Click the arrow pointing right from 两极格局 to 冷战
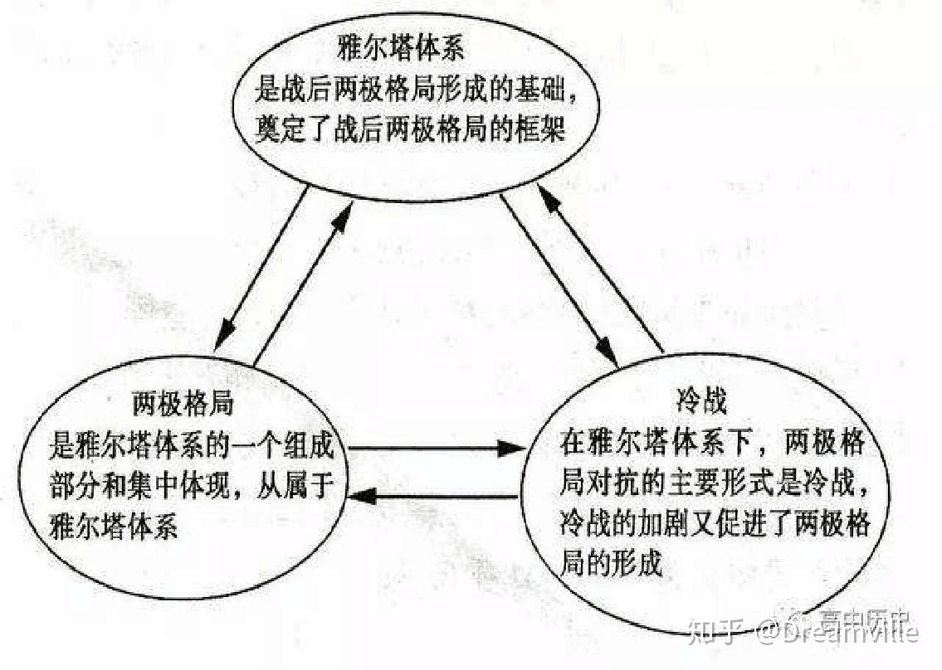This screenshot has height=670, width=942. (436, 449)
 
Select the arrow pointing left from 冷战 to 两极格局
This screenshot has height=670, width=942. (436, 497)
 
